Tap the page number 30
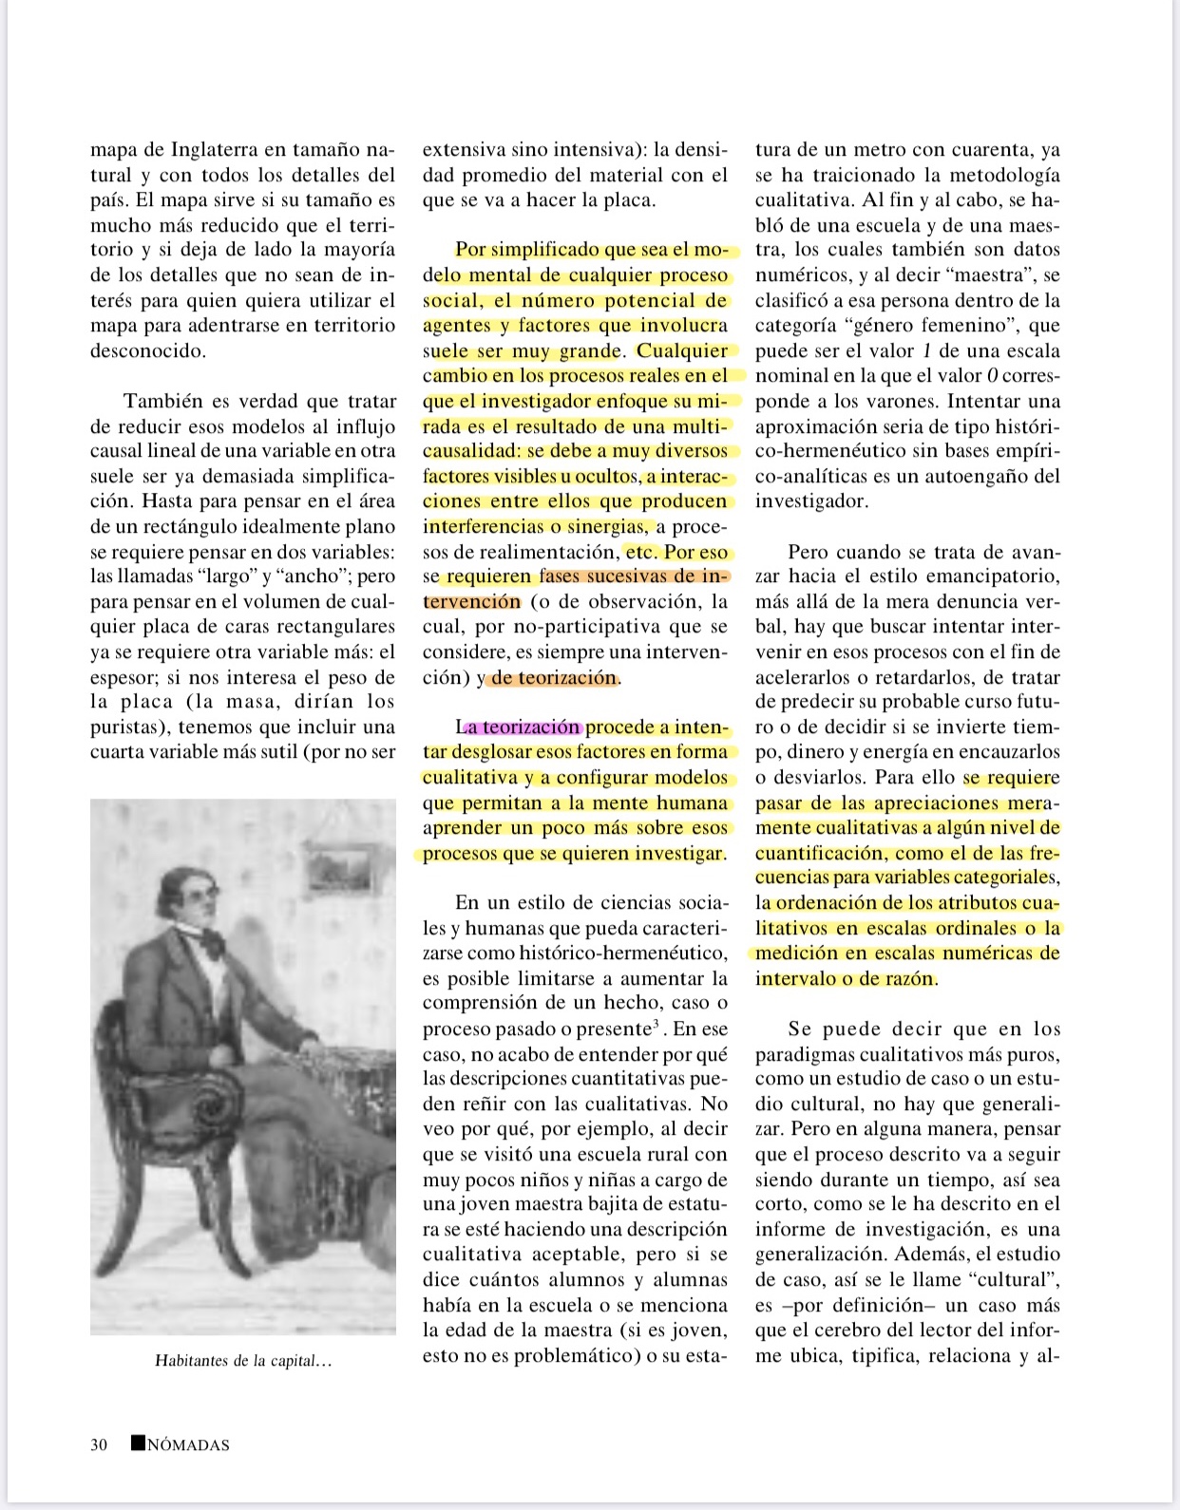click(99, 1444)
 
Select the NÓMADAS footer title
click(188, 1445)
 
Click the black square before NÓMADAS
click(138, 1443)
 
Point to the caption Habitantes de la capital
click(243, 1361)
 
